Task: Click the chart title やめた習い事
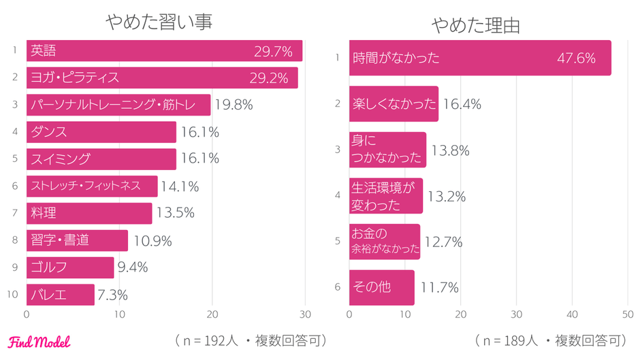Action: coord(159,22)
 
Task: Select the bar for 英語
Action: coord(164,51)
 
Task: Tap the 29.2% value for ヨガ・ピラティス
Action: coord(269,78)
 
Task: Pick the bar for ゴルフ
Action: coord(70,267)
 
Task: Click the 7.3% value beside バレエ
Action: coord(113,295)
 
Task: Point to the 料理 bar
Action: coord(89,213)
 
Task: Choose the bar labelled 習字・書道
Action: coord(77,240)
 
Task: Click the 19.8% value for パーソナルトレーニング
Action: coord(234,105)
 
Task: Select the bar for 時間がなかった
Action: coord(480,58)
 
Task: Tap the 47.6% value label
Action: coord(576,58)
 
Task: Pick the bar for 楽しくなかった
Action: coord(394,104)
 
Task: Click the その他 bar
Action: coord(381,287)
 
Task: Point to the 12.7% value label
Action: coord(443,242)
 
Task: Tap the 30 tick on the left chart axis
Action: coord(305,315)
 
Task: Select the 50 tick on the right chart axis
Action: coord(627,315)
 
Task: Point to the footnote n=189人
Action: coord(507,340)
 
